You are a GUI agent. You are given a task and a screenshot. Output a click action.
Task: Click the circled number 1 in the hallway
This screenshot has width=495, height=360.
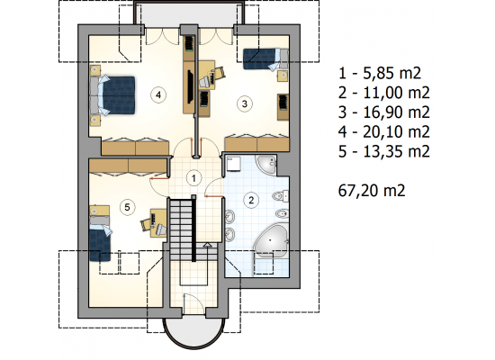(x=193, y=178)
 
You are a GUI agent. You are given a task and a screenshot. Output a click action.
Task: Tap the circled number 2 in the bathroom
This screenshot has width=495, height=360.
(x=251, y=200)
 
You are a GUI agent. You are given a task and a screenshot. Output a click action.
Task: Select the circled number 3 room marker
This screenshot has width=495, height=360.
(x=244, y=103)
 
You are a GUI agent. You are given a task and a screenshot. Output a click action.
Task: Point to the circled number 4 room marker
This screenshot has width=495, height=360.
(x=158, y=94)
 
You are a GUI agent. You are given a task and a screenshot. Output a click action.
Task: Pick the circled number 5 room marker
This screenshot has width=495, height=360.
(x=127, y=207)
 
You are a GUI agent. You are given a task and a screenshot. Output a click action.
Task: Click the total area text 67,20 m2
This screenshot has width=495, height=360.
(x=372, y=191)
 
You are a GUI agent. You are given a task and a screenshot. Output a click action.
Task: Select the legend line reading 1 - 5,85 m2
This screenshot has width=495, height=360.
(x=380, y=73)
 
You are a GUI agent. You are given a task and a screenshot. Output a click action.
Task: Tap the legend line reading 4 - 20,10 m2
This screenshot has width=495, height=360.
(x=384, y=131)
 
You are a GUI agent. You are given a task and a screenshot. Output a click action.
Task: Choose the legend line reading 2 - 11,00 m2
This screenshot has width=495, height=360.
(x=384, y=93)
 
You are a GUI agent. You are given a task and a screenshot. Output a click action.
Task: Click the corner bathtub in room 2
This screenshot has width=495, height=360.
(x=271, y=240)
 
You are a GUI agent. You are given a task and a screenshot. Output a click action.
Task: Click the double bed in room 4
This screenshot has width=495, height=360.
(x=112, y=95)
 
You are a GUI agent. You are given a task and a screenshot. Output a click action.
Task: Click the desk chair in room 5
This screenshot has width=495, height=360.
(x=146, y=224)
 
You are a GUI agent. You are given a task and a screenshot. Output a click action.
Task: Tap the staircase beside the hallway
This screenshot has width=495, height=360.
(x=181, y=229)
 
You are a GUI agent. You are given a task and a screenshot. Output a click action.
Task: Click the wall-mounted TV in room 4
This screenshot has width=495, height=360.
(x=191, y=86)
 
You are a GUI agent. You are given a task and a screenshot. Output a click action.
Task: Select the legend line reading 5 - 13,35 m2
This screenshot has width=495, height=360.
(x=384, y=151)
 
